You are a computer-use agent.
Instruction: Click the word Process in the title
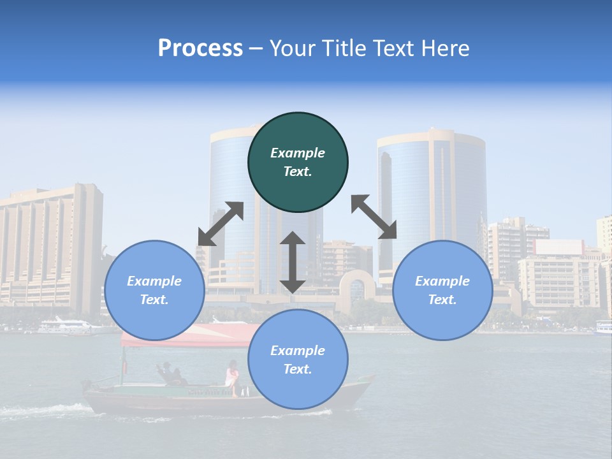(200, 48)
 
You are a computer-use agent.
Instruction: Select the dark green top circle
(298, 162)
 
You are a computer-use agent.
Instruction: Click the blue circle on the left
(154, 290)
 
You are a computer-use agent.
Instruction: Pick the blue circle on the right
(442, 290)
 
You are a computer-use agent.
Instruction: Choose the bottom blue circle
(298, 360)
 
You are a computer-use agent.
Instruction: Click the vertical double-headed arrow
(293, 263)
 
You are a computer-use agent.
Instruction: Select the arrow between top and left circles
(221, 224)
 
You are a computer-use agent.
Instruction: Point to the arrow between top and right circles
(374, 217)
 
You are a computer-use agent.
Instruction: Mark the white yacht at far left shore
(67, 326)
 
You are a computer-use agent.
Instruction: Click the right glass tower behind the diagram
(431, 191)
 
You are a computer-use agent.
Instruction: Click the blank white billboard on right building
(559, 247)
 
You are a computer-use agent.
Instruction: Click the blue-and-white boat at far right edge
(604, 328)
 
